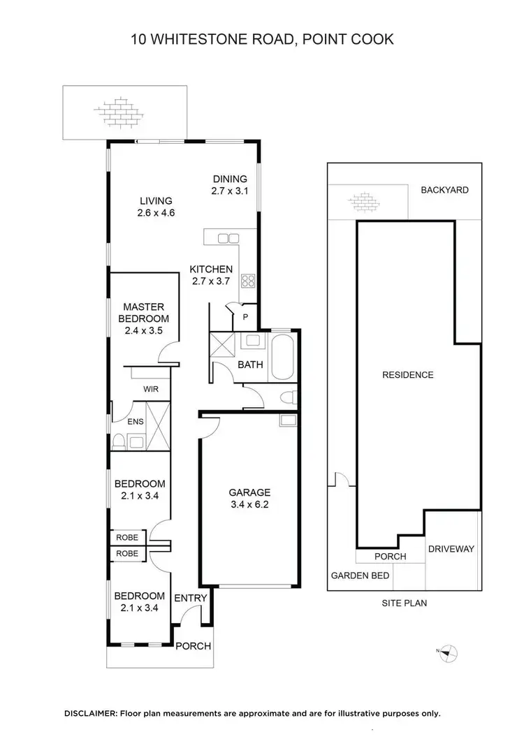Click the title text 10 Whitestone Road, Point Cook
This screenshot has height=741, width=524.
tap(262, 38)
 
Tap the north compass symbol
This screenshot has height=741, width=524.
tap(448, 652)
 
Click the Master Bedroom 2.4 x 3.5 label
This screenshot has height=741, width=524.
tap(143, 318)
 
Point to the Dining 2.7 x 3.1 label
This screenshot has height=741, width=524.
tap(229, 184)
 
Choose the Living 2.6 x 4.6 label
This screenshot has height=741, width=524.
tap(156, 207)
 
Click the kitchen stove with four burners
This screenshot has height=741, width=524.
tap(248, 281)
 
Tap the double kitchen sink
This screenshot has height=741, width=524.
tap(228, 239)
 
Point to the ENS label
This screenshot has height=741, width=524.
tap(135, 422)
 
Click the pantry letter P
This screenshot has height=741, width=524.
tap(245, 316)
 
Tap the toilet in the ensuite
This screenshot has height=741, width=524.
tap(119, 441)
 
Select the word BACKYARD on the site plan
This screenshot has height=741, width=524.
tap(444, 190)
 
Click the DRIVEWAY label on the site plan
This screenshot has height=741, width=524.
tap(451, 549)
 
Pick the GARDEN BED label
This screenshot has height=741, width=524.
tap(359, 576)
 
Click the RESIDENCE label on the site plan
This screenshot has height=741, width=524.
tap(407, 375)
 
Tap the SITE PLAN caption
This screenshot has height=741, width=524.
tap(404, 603)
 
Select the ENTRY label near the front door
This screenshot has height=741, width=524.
tap(190, 598)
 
